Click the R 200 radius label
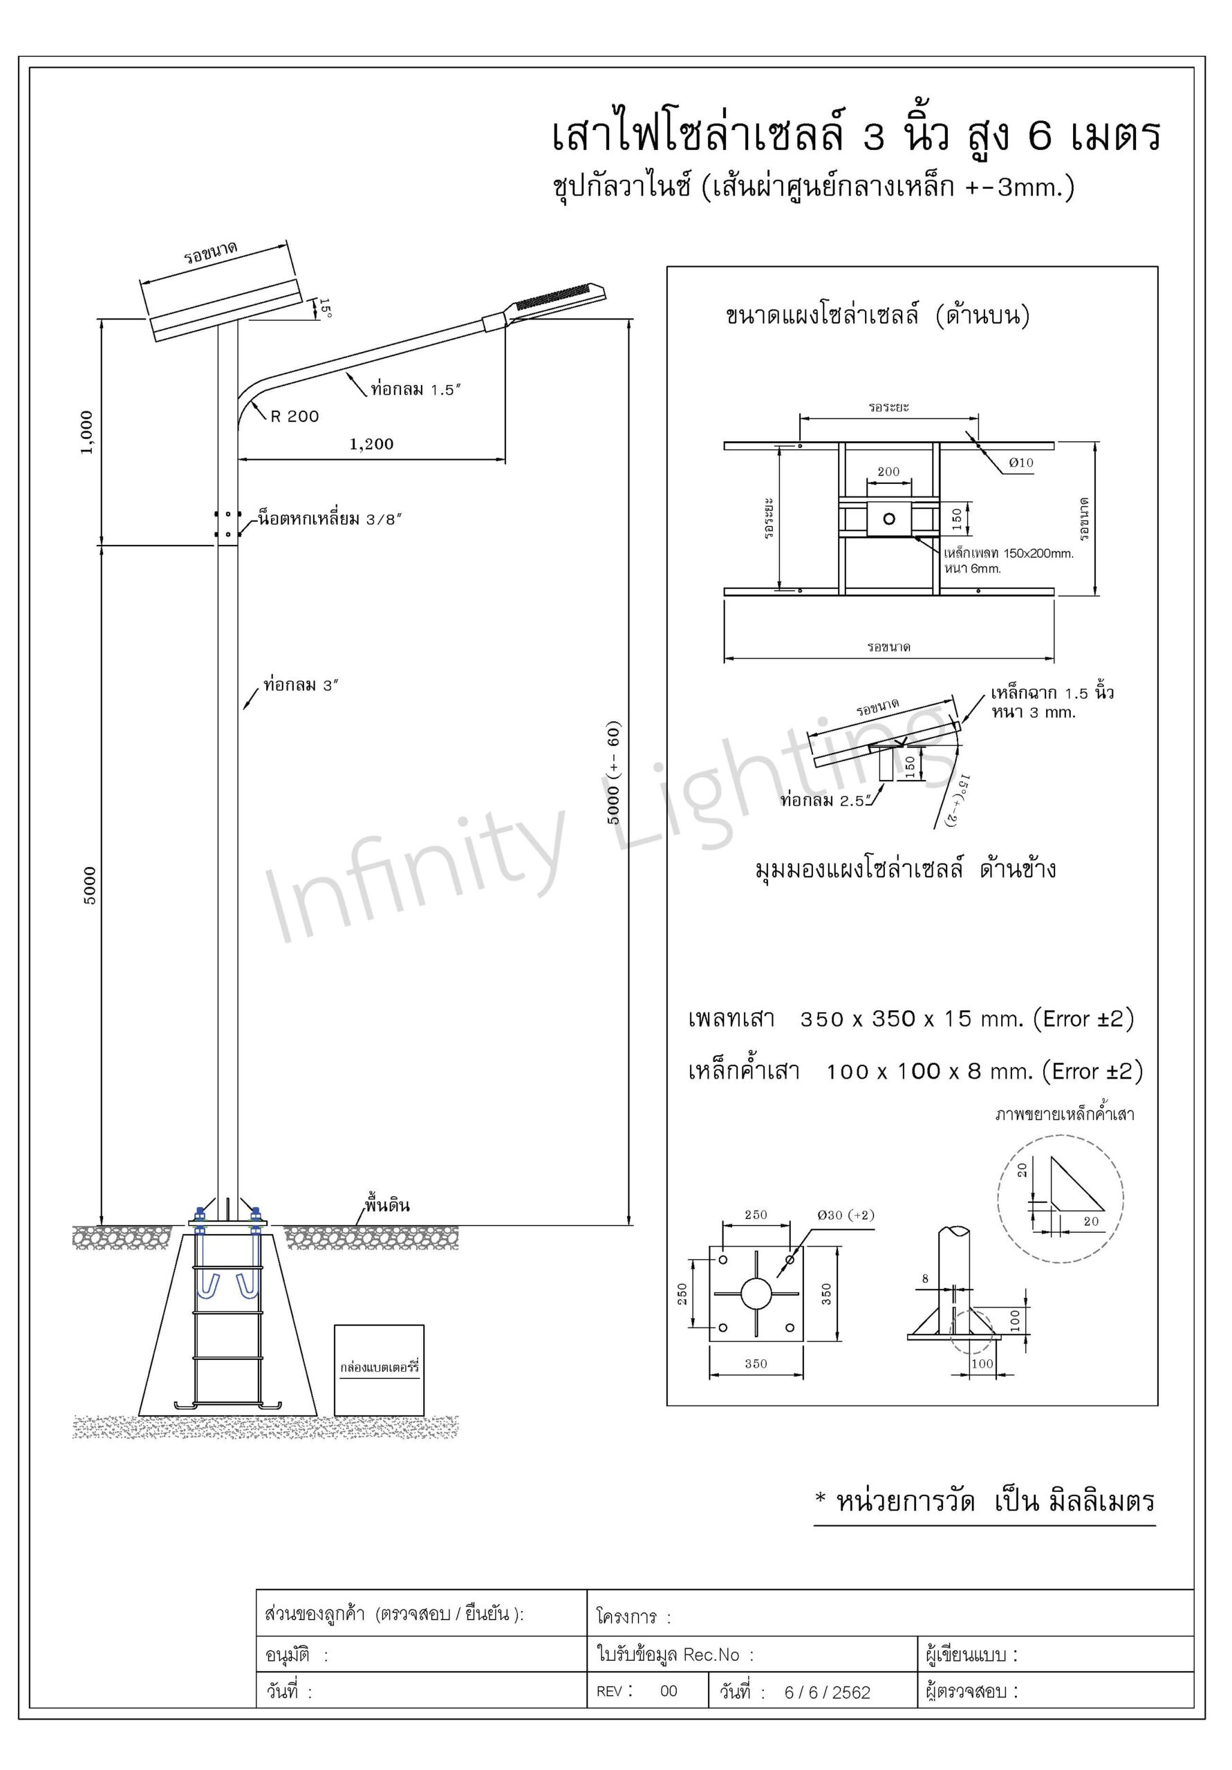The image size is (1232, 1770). pos(295,416)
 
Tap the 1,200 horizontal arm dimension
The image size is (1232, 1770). pos(371,444)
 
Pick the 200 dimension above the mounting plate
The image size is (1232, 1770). pos(888,471)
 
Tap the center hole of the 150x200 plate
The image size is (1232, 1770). pos(889,518)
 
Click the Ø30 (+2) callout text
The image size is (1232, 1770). pos(846,1215)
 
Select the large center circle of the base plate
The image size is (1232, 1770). pos(756,1294)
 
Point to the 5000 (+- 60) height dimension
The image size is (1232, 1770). pos(614,773)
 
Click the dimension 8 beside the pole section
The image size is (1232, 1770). pos(926,1279)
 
